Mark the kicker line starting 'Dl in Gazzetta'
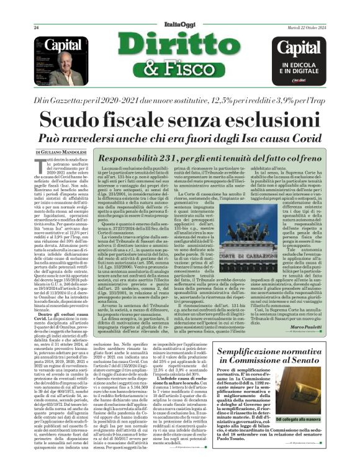(180, 99)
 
